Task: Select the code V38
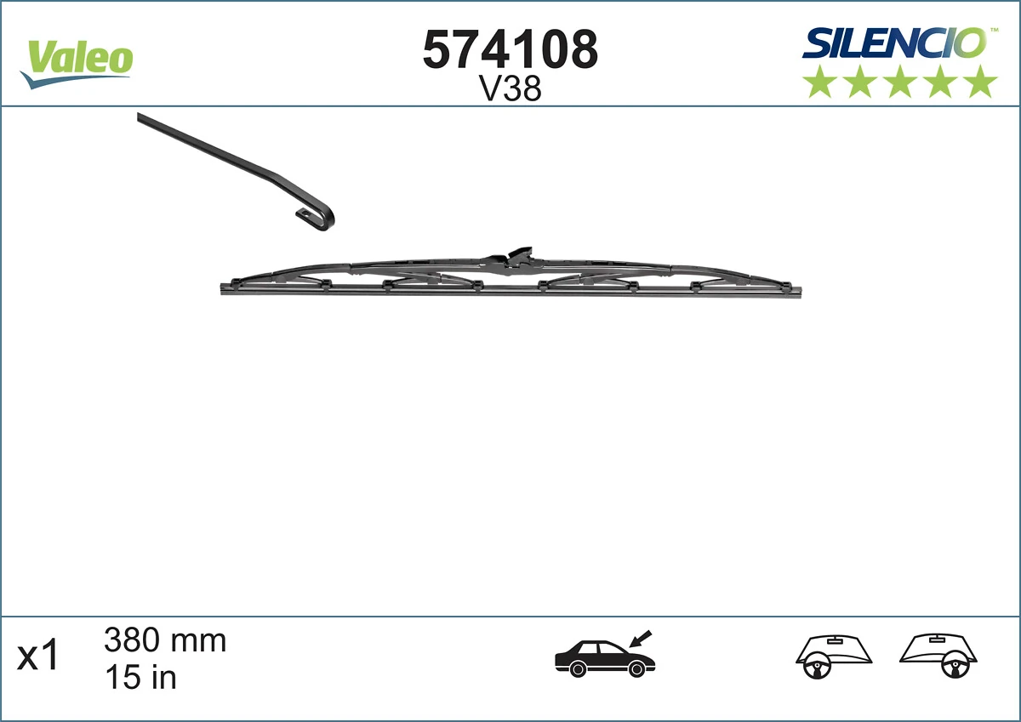510,89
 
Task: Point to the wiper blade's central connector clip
516,258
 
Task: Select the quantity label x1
39,657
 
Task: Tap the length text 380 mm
165,640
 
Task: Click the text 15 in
140,678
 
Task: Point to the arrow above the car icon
640,637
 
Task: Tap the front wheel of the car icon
636,670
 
